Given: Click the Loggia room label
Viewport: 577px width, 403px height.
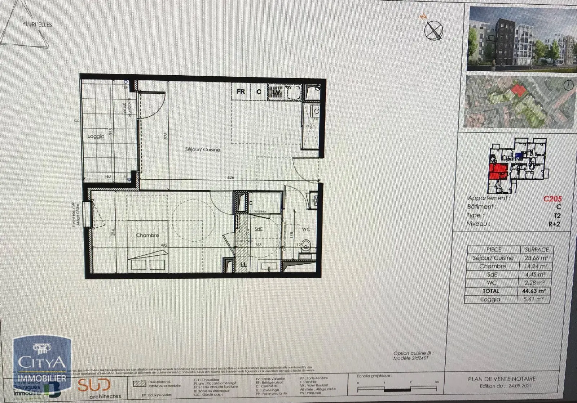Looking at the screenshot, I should point(96,136).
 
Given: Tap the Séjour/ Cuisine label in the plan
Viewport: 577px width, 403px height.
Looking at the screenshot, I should point(202,149).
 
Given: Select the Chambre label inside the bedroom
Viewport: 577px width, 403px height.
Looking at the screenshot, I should point(147,235).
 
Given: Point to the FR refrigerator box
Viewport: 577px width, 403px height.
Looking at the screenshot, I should point(241,91).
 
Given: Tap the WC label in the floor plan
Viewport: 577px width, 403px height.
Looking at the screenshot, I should point(306,229).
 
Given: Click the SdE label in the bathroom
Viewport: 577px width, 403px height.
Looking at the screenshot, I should point(258,229).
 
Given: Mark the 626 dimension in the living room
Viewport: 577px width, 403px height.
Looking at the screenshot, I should point(231,178).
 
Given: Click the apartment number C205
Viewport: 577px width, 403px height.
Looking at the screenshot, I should point(552,199).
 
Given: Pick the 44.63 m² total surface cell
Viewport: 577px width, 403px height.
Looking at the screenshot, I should point(534,291).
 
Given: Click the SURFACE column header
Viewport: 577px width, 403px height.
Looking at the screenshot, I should point(536,249).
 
